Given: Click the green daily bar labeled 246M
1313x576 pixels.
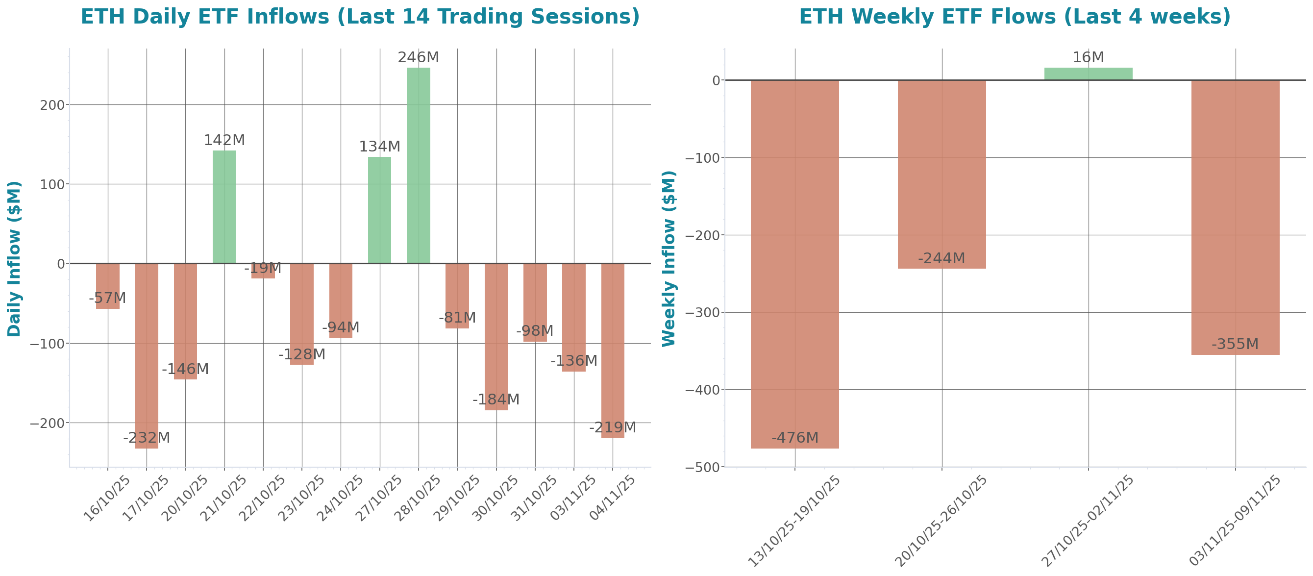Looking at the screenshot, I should [418, 165].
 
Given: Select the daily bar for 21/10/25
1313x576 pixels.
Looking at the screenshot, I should [224, 206].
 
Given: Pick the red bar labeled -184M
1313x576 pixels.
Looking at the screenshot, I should [495, 336].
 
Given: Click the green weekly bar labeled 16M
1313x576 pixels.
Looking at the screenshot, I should [1088, 74].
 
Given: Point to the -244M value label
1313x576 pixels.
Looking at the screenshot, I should [941, 258].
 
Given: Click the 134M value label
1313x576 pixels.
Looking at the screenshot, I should [379, 147].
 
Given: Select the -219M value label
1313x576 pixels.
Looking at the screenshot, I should [612, 427].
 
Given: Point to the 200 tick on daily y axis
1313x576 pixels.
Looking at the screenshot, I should [52, 105].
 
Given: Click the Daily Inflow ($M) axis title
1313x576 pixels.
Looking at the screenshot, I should [14, 259].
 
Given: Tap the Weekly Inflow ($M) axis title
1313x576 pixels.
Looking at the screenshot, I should [668, 259].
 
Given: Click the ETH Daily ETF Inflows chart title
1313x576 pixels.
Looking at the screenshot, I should [360, 17].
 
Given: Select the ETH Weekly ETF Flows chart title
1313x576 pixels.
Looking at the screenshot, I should [1015, 17].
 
